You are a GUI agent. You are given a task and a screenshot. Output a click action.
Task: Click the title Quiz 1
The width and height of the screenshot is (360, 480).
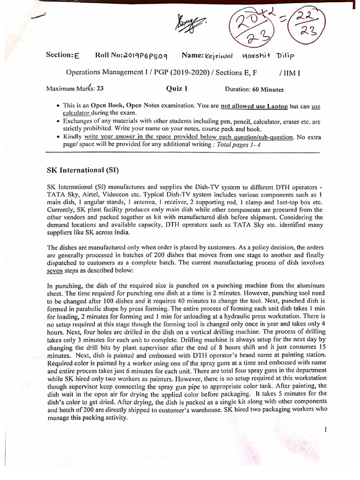click(x=177, y=89)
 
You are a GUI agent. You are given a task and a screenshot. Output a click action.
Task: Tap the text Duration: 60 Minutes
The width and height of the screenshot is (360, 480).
click(x=254, y=89)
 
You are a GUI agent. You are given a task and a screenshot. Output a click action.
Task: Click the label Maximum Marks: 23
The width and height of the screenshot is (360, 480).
click(x=75, y=89)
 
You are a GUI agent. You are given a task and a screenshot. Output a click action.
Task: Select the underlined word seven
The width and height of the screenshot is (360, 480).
click(x=55, y=271)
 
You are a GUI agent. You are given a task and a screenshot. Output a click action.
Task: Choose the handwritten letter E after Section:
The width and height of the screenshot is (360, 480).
click(x=77, y=56)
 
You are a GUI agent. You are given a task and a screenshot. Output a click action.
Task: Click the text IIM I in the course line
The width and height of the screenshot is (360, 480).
click(x=289, y=73)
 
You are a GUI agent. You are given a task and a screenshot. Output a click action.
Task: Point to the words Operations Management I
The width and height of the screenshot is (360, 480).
click(x=101, y=73)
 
